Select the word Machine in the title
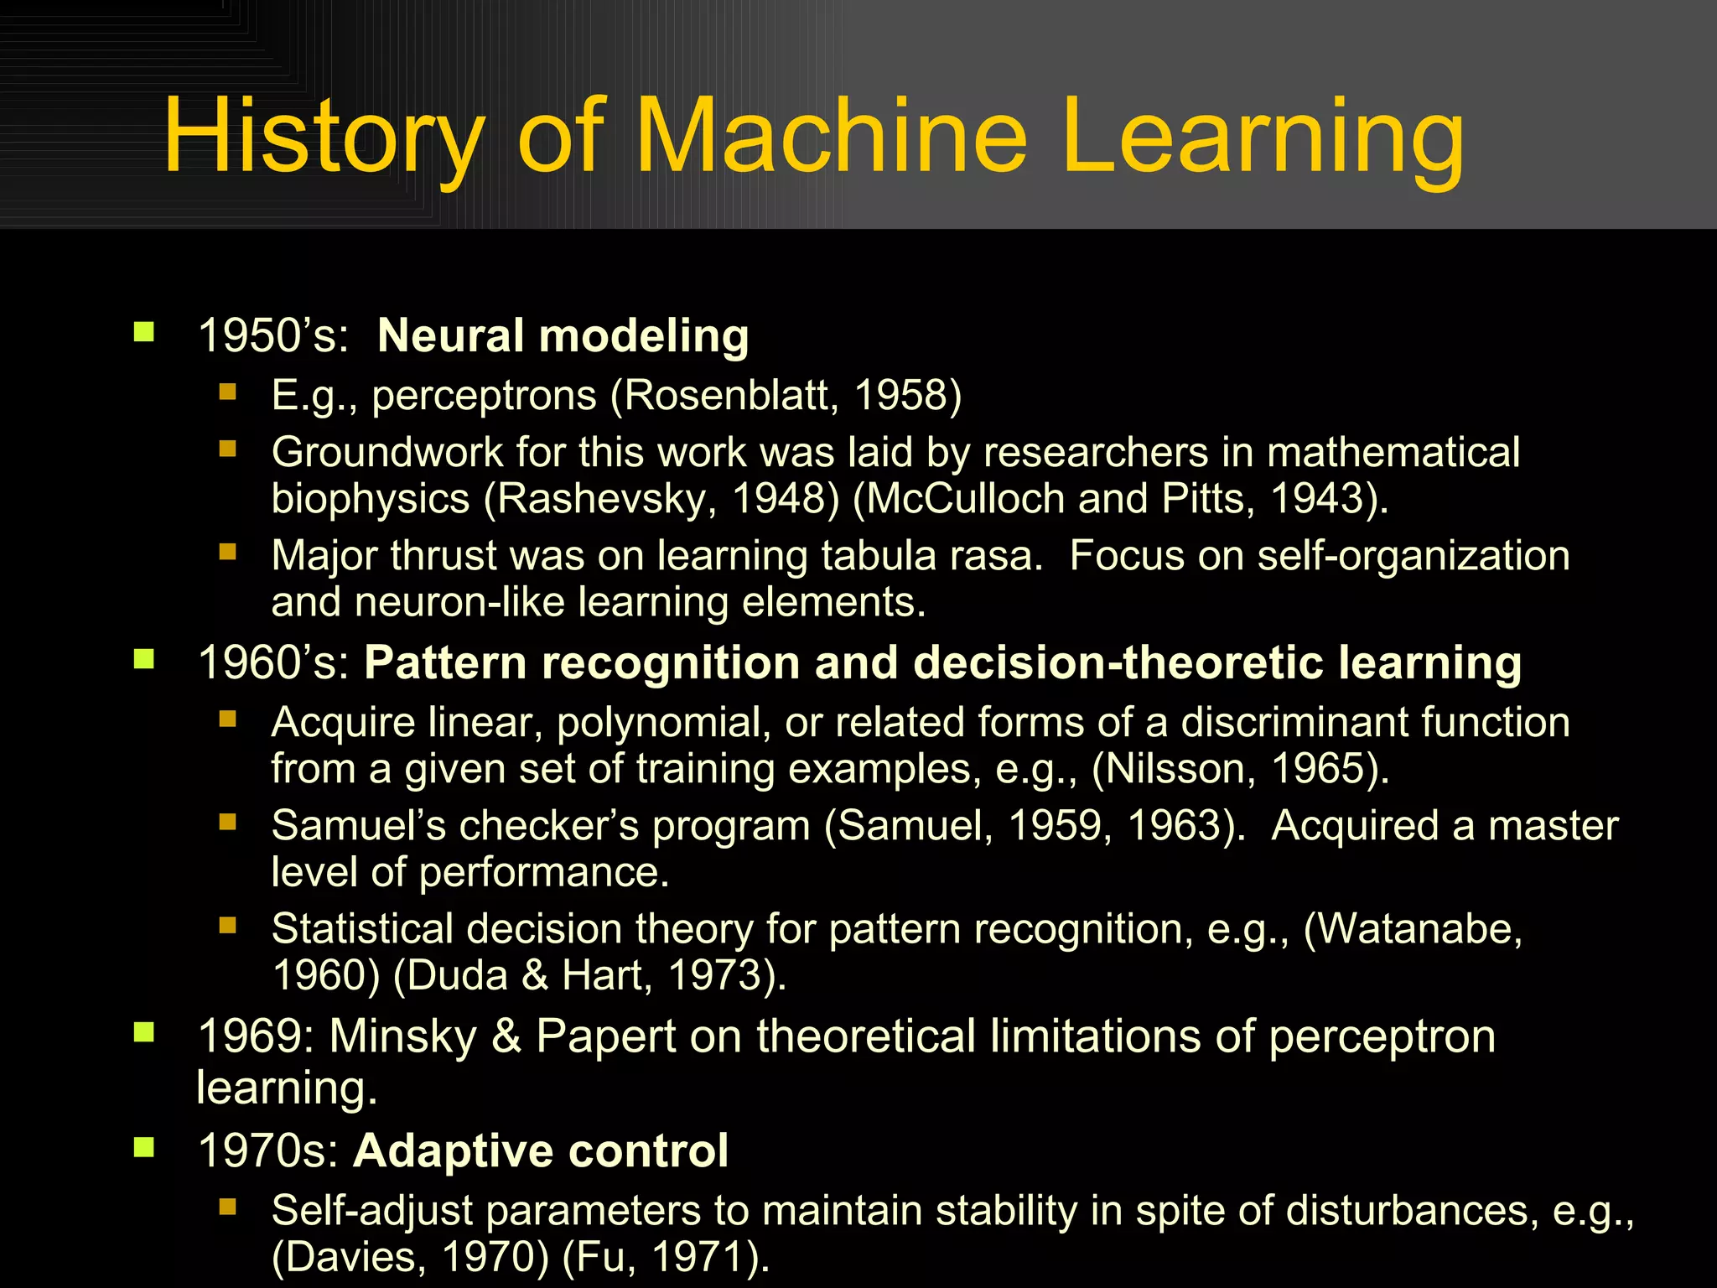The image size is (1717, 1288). (x=832, y=136)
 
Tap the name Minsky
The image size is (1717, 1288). (x=402, y=1036)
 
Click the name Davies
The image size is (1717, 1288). (x=351, y=1257)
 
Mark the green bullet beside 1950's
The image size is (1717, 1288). (x=144, y=333)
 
